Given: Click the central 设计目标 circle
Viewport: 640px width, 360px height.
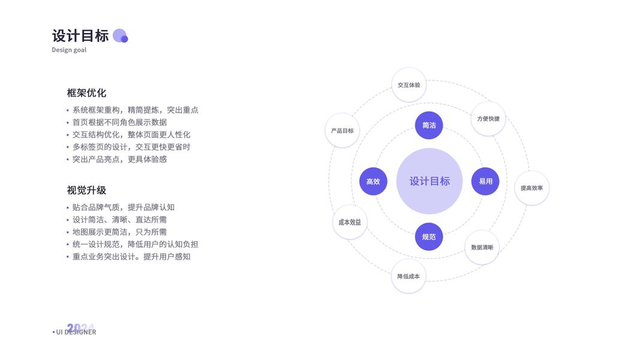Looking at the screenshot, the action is tap(429, 181).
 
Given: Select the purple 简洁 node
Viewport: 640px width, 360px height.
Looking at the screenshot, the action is tap(429, 125).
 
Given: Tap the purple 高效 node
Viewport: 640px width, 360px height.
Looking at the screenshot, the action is tap(373, 181).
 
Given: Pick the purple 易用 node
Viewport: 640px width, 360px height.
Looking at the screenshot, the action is tap(485, 181).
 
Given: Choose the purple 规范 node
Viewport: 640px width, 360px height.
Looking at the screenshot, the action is tap(429, 237).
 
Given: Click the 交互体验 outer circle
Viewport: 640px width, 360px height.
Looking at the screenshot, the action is tap(408, 85).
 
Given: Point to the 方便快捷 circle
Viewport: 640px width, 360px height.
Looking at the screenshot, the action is tap(488, 118).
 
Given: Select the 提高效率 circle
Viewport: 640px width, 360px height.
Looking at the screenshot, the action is tap(531, 188).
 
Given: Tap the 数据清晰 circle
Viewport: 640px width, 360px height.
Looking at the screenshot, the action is tap(482, 247).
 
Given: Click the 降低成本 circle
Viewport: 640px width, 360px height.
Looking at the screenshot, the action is tap(408, 277).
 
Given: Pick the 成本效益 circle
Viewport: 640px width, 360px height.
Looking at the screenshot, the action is tap(350, 222).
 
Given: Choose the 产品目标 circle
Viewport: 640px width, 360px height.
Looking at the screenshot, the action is tap(342, 130).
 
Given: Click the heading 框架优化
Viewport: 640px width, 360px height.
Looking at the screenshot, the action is tap(86, 93).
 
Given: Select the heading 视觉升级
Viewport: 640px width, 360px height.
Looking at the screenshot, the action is tap(86, 190).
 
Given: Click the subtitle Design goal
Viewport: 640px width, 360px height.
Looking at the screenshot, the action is tap(69, 50).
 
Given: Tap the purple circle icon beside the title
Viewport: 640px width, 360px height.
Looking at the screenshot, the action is tap(120, 36).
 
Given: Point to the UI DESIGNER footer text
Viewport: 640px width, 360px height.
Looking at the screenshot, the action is tap(76, 332).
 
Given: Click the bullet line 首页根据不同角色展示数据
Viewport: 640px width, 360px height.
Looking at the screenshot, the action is tap(119, 122).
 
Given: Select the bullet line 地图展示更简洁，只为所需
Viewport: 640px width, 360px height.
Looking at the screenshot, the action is tap(119, 232).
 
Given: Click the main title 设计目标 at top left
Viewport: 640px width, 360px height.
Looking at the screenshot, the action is tap(80, 35).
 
